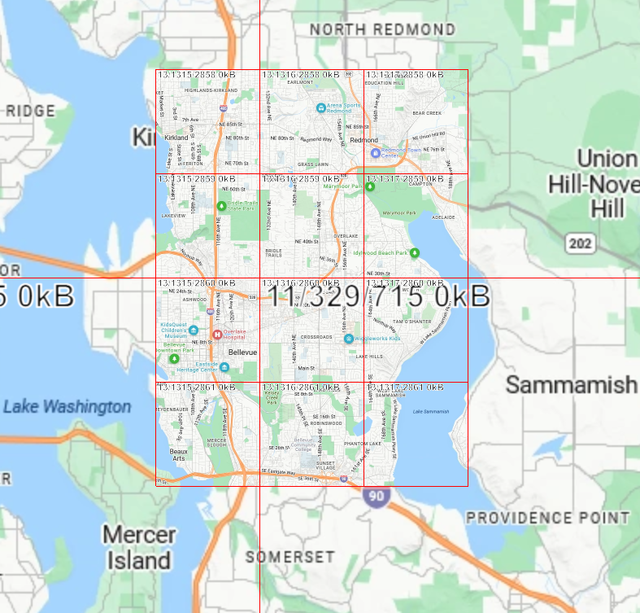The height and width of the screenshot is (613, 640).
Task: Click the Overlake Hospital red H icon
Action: tap(217, 335)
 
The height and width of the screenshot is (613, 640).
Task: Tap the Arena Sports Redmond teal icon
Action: tap(321, 107)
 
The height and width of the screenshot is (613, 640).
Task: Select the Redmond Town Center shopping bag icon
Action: tap(375, 152)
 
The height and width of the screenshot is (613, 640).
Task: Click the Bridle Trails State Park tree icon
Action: tap(221, 205)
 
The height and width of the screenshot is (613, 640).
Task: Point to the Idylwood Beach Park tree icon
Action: tap(414, 252)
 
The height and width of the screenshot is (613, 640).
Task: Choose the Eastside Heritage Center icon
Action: tap(224, 366)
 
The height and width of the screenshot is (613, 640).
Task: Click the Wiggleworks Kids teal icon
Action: tap(348, 338)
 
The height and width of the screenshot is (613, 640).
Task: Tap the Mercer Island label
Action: tap(139, 548)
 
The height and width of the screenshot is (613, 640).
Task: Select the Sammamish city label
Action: tap(571, 385)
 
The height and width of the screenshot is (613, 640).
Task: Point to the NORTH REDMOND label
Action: tap(382, 30)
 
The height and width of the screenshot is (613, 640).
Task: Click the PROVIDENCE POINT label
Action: tap(547, 518)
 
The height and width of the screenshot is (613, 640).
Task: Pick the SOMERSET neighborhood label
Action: tap(290, 557)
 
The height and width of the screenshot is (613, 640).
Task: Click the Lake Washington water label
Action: tap(67, 406)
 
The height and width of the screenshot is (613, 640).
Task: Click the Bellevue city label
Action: tap(242, 352)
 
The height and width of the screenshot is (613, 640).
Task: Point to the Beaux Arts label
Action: tap(178, 454)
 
